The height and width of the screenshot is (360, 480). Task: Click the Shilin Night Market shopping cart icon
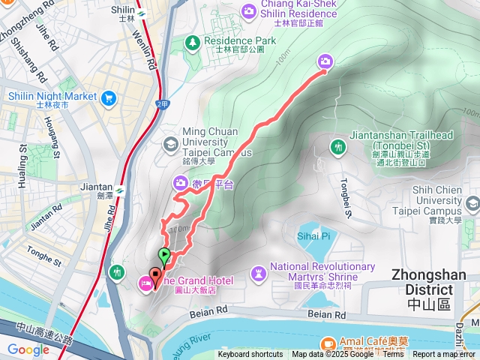tap(109, 97)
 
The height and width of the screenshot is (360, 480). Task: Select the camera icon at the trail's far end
tap(325, 61)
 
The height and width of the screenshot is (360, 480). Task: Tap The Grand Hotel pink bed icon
tap(144, 282)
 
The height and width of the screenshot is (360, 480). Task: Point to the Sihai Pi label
tap(315, 236)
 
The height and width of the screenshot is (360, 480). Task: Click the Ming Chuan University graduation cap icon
tap(170, 142)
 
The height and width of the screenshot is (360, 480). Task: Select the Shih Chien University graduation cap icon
tap(472, 202)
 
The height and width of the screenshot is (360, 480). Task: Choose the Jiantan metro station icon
tap(121, 187)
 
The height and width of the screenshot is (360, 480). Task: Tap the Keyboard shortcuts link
tap(250, 355)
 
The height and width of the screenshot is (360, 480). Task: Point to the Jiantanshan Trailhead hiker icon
tap(337, 147)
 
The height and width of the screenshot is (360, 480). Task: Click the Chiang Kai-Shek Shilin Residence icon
tap(248, 10)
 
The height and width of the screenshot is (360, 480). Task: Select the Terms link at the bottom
tap(393, 355)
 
